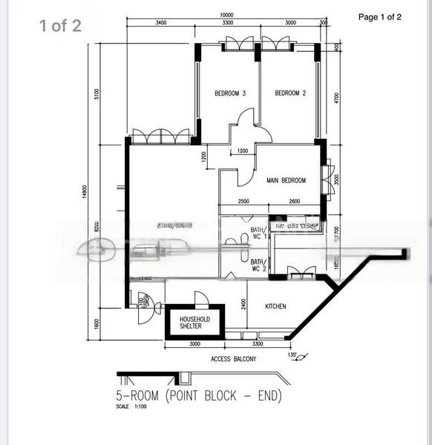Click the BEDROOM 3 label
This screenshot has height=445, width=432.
click(230, 93)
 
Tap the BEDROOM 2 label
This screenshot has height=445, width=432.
click(290, 93)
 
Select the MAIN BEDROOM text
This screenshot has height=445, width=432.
click(286, 180)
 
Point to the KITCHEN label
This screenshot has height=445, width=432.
click(275, 306)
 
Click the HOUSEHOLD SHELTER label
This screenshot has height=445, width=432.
click(194, 323)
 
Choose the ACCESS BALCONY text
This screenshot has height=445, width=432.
click(234, 359)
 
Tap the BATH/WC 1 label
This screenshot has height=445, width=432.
click(258, 234)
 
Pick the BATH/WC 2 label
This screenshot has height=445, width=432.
click(258, 266)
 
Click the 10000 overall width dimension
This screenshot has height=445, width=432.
click(226, 15)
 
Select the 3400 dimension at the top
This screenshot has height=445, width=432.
click(161, 23)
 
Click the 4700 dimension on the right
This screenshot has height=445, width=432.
click(336, 98)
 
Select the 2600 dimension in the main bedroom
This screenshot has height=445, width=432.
click(294, 202)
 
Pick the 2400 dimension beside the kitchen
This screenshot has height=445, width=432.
click(243, 305)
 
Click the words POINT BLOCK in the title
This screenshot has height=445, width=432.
click(206, 396)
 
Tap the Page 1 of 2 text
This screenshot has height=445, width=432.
click(379, 17)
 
